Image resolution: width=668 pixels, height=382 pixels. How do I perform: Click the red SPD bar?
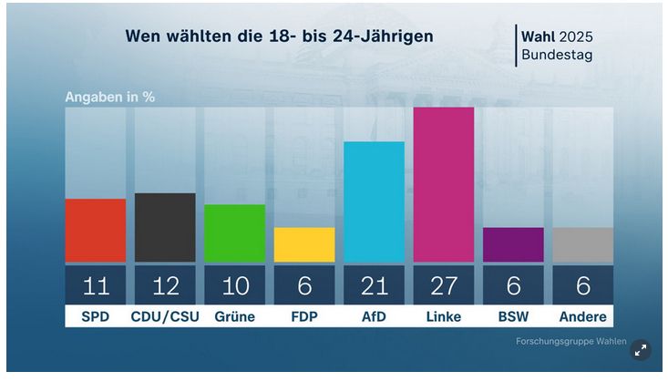(96, 230)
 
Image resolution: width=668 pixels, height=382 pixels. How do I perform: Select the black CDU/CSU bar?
(165, 227)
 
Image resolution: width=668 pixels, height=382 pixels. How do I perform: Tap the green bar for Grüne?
(234, 232)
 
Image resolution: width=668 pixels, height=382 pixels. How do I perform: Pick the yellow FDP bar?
(304, 244)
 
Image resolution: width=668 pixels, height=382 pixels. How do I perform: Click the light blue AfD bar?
(374, 201)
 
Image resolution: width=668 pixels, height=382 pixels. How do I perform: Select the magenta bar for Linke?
(444, 184)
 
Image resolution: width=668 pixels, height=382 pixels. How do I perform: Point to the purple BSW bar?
(513, 244)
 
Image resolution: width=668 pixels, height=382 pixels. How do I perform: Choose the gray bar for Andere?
(582, 244)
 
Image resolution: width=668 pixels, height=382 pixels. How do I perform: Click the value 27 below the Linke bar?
(444, 286)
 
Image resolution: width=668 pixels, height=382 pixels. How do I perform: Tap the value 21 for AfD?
(374, 286)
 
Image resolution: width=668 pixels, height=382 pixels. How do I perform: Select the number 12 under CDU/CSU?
(165, 286)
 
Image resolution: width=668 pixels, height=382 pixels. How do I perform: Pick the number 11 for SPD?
(96, 286)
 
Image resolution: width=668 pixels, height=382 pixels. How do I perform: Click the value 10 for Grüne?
(234, 286)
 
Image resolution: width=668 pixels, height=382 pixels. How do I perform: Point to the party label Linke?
(444, 316)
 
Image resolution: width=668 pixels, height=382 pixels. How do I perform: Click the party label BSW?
(513, 316)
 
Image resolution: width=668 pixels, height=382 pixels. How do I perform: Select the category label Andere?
(582, 316)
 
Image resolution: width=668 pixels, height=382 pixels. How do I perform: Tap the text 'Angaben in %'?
(108, 97)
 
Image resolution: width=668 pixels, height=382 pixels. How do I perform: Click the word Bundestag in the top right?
(556, 56)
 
